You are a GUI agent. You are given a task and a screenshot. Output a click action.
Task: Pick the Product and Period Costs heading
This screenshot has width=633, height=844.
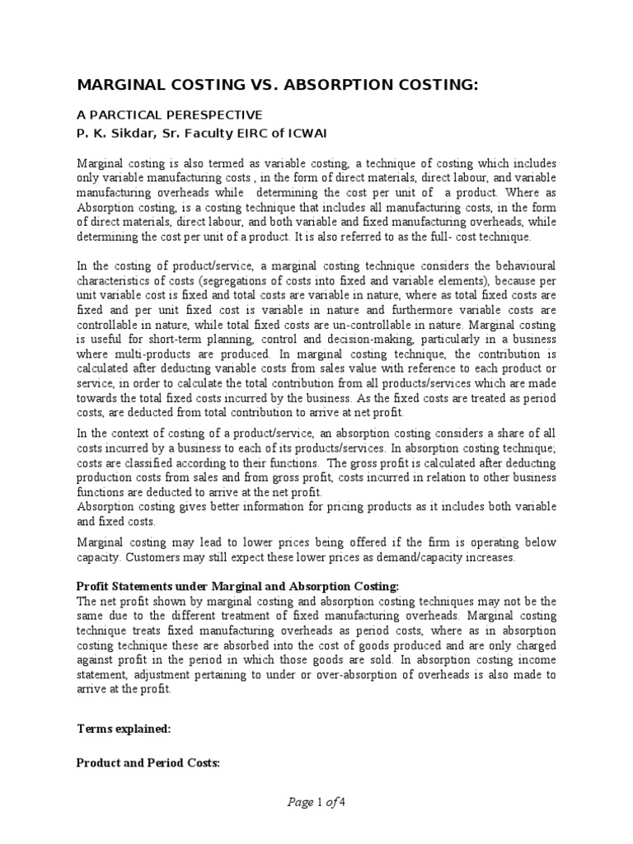[148, 763]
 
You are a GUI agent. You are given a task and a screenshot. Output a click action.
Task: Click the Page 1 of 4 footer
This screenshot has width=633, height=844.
[316, 800]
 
